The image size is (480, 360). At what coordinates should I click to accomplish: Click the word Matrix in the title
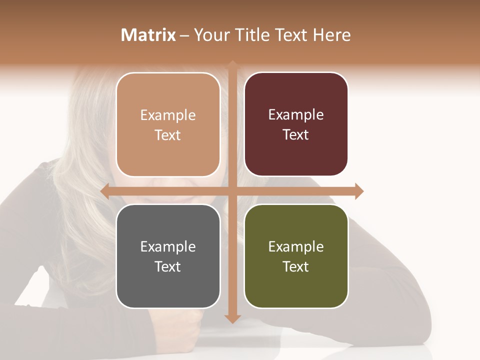148,35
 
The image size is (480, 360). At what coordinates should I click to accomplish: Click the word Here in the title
332,35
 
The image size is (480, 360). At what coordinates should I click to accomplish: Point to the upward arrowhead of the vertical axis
232,64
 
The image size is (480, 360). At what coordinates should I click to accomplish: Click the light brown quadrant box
168,124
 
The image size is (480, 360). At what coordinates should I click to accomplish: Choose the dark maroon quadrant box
296,124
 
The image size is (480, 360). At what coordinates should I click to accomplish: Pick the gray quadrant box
168,256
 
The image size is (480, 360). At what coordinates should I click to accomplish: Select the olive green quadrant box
296,256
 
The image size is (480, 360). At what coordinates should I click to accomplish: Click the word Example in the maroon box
296,114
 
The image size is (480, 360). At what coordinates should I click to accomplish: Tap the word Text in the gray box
167,266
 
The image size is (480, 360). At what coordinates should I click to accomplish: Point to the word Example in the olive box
296,246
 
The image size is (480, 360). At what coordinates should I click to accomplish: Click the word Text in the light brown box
167,135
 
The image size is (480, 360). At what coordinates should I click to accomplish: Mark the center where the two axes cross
232,191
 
